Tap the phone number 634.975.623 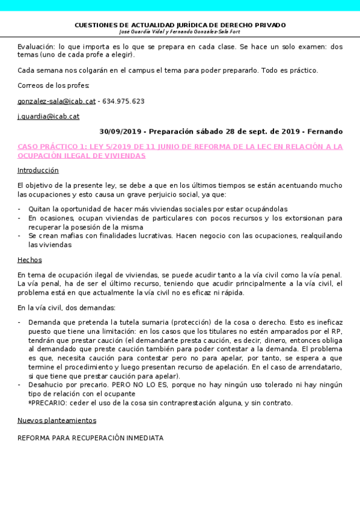pos(123,102)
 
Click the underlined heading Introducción pos(38,170)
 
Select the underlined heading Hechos pos(29,260)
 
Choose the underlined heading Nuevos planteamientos pos(56,420)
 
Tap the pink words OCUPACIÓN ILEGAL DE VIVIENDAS pos(82,155)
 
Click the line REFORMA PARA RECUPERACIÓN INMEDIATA pos(90,438)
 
